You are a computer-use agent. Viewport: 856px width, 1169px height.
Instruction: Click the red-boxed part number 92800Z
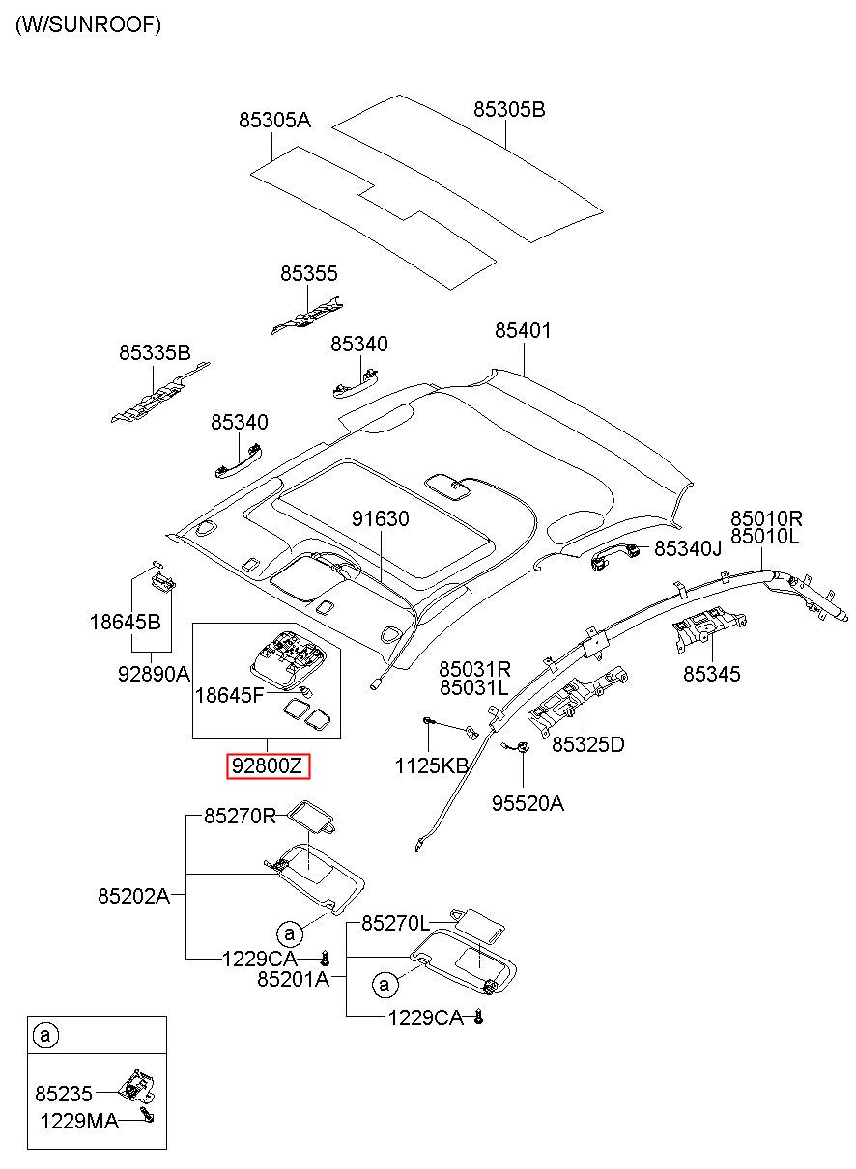pos(268,765)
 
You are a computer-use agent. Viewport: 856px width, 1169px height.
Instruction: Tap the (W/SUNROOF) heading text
pos(88,25)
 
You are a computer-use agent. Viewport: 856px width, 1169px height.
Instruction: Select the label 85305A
pos(274,120)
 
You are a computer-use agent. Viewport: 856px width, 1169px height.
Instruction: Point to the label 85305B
pos(509,109)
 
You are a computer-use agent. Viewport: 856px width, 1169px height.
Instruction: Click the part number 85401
pos(523,330)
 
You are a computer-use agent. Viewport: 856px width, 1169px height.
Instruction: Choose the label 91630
pos(381,518)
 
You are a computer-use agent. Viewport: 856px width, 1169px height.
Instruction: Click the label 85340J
pos(688,548)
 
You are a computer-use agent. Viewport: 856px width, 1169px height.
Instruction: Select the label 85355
pos(308,273)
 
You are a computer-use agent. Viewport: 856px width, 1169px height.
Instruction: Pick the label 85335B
pos(155,352)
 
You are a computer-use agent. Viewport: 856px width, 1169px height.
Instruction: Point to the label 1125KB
pos(432,765)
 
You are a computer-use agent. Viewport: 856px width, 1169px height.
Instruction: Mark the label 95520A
pos(528,803)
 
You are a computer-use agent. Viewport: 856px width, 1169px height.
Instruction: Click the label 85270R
pos(240,815)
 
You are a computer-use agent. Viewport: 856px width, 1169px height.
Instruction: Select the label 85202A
pos(133,896)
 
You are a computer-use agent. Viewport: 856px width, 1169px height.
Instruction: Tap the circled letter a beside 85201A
pos(385,985)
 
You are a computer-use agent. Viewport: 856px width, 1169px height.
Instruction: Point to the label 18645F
pos(229,695)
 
